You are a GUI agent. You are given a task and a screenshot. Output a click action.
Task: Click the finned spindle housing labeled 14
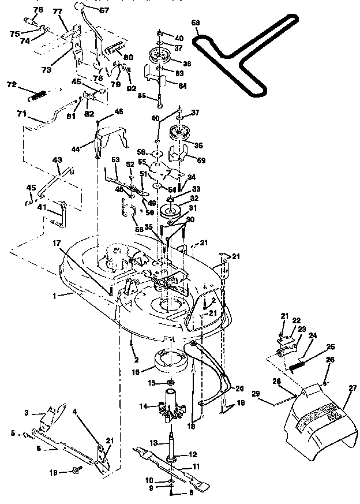click(x=170, y=409)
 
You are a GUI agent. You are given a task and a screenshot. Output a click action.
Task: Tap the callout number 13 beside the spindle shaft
click(x=153, y=442)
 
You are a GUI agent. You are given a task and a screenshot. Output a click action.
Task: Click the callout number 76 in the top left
click(x=38, y=10)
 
